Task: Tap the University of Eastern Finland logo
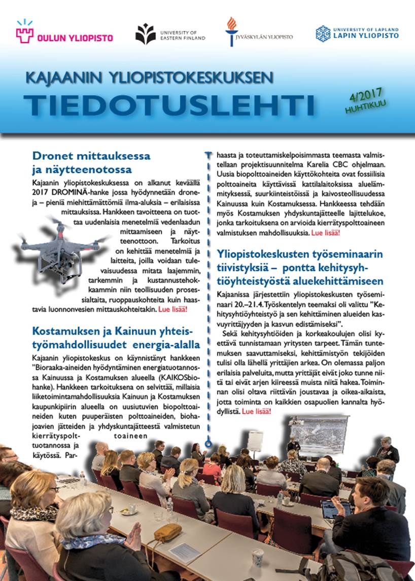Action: tap(146, 34)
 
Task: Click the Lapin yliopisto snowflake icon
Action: tap(323, 34)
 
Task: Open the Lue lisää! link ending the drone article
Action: tap(173, 309)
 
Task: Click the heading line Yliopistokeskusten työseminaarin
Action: tap(300, 254)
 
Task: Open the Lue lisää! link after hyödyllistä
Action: tap(257, 411)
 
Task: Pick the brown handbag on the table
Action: tap(168, 532)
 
